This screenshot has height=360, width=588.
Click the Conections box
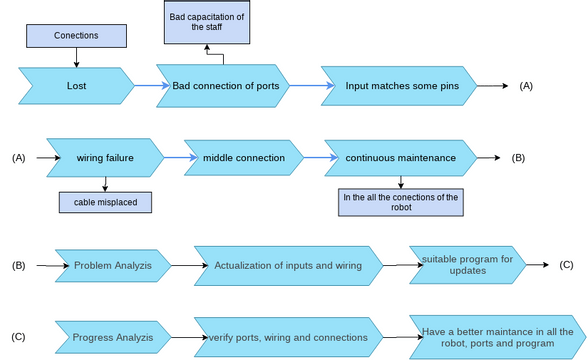(x=76, y=36)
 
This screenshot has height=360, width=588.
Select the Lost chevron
(x=76, y=86)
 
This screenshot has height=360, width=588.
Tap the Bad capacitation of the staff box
(x=207, y=22)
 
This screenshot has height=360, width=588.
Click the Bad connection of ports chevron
(x=223, y=86)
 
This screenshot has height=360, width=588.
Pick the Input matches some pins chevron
(x=399, y=86)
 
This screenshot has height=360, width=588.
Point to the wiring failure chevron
(x=105, y=158)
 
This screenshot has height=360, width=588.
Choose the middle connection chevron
(x=244, y=158)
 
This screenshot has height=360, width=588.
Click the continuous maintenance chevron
(x=401, y=158)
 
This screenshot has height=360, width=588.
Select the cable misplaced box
(x=105, y=202)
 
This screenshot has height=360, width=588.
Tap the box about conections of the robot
(x=401, y=202)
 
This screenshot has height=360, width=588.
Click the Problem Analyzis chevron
(x=113, y=266)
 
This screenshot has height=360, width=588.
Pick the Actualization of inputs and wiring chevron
(x=289, y=266)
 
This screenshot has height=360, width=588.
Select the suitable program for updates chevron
(x=468, y=265)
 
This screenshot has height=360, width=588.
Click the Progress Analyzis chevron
(x=113, y=337)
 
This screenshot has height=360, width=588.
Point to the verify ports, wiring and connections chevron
(x=289, y=337)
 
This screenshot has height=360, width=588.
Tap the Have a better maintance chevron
(x=498, y=337)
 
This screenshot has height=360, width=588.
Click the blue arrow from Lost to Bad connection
(x=152, y=86)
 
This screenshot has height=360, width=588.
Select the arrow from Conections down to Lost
(x=76, y=57)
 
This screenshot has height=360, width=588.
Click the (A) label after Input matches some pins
(x=526, y=86)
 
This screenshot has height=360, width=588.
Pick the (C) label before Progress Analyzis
(x=18, y=337)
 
